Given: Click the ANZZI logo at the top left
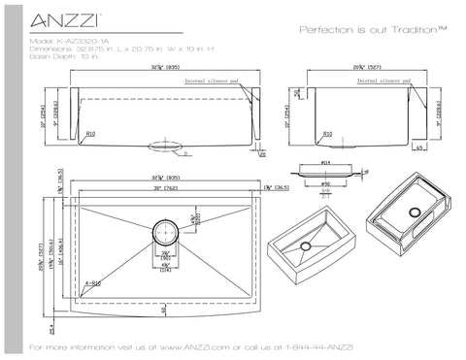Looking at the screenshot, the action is tap(57, 18).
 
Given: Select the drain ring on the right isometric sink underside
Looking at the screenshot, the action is tap(416, 211).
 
